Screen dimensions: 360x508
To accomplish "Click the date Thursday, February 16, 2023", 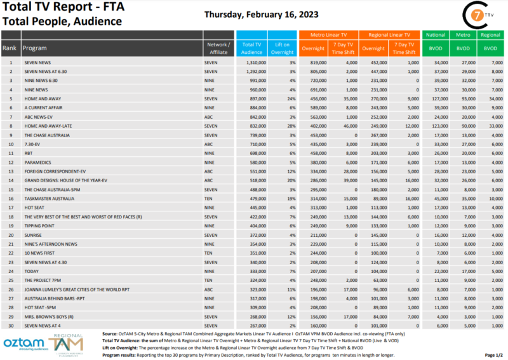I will (262, 14).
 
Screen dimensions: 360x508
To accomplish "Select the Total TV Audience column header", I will (251, 48).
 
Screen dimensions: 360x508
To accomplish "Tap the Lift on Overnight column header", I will (283, 48).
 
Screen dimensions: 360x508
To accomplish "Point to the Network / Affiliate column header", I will (218, 48).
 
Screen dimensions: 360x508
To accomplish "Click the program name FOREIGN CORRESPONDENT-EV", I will (55, 171).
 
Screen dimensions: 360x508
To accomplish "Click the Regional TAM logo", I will (66, 343).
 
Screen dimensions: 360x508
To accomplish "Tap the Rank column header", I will (10, 48).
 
